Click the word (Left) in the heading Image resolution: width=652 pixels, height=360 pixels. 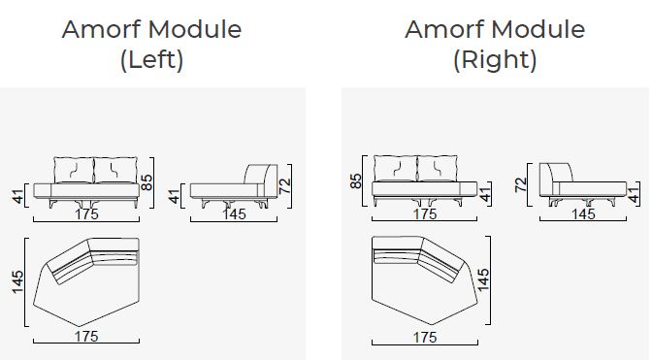coord(151,59)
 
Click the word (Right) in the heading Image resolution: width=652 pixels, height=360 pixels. coord(495,59)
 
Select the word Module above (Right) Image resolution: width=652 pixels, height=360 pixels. coord(538,29)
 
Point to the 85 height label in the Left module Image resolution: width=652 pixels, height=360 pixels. coord(147,182)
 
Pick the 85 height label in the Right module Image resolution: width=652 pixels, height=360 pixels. coord(356,180)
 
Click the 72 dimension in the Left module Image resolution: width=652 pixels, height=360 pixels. coord(284,185)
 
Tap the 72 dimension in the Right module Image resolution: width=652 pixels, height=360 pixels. coord(521,184)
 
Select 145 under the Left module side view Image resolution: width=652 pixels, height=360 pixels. coord(234,214)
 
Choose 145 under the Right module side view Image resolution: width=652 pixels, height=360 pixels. coord(583,214)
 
